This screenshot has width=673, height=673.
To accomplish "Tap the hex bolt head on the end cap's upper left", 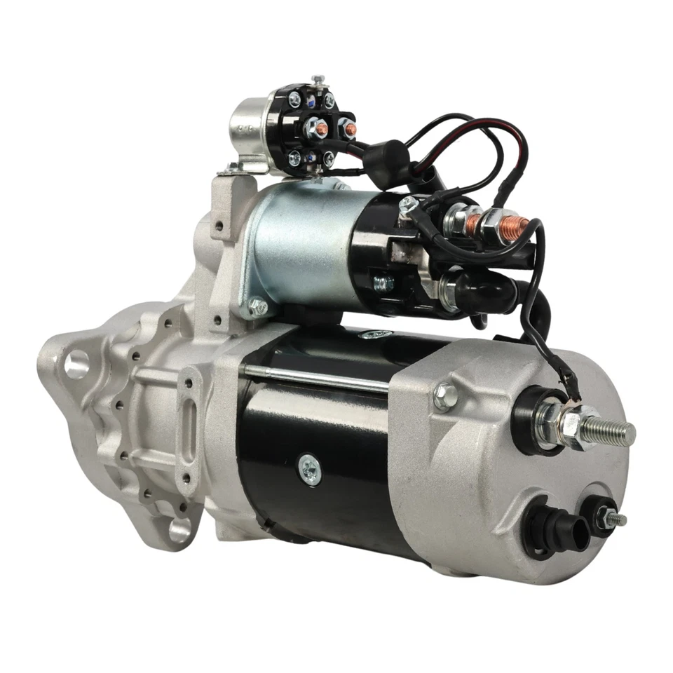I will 444,396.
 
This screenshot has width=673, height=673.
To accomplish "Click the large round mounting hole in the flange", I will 76,363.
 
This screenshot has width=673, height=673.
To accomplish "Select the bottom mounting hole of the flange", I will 179,529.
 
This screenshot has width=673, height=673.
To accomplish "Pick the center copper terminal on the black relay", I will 318,128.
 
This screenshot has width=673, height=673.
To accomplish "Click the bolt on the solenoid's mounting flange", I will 257,306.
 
